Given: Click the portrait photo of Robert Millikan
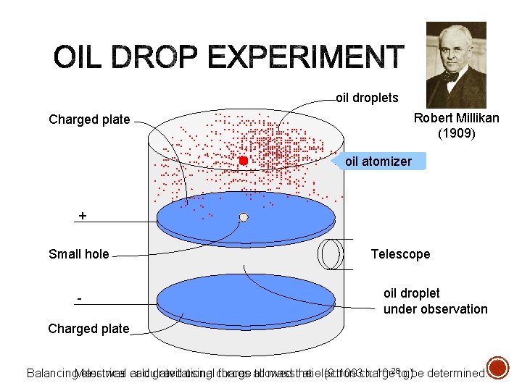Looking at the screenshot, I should [x=455, y=65].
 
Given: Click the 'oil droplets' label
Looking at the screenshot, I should [x=367, y=98].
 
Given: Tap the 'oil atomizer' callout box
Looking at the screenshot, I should [x=378, y=161].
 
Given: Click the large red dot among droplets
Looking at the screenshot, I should [x=244, y=160].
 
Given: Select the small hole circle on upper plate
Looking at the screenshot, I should [x=244, y=217].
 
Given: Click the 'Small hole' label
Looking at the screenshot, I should [x=78, y=254].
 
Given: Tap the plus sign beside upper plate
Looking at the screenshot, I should [x=82, y=216].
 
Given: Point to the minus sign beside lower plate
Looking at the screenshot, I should [x=80, y=299].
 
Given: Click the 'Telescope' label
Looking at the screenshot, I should [x=400, y=254].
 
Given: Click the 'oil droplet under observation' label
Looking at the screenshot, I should [x=435, y=301].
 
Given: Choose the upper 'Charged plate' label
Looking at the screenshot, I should [x=89, y=119].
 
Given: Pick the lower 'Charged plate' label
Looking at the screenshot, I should [x=88, y=329].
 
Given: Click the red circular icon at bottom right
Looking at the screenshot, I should [x=498, y=366].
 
